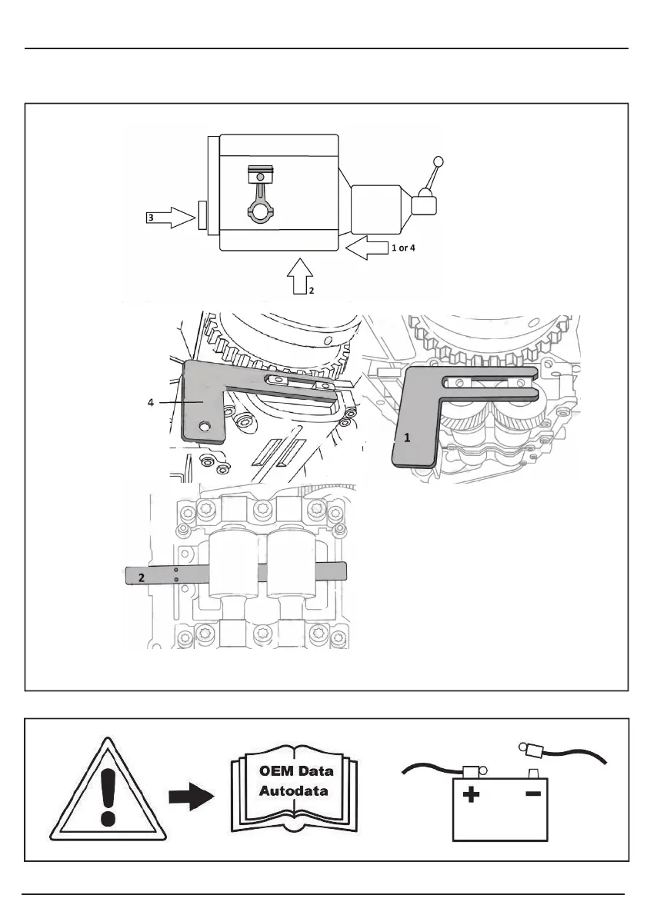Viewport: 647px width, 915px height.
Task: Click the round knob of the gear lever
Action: click(x=439, y=161)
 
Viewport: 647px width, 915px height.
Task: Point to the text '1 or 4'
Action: click(x=403, y=248)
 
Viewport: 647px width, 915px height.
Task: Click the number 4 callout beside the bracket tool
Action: click(x=151, y=403)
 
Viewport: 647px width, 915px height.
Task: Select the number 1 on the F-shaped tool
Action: click(x=408, y=438)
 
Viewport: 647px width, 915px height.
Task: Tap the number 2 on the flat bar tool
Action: click(x=142, y=578)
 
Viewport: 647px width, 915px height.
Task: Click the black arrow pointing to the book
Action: click(x=191, y=797)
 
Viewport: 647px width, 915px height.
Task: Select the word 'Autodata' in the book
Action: click(x=293, y=791)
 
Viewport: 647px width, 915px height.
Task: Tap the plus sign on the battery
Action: click(x=471, y=794)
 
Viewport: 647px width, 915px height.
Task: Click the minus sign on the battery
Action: click(x=532, y=794)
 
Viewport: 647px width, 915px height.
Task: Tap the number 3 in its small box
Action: click(x=151, y=218)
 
